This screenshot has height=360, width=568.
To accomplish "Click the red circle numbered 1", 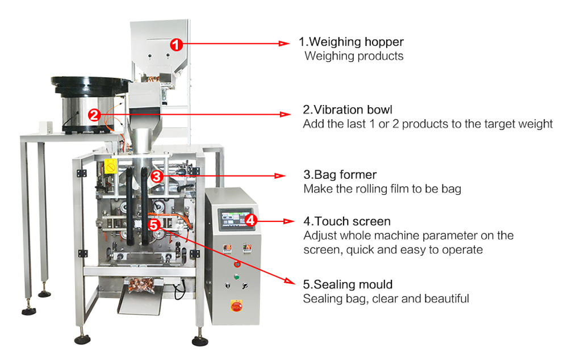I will (x=177, y=43).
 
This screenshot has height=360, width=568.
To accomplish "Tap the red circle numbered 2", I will (x=94, y=115).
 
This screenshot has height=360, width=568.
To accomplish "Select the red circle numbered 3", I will (x=158, y=177).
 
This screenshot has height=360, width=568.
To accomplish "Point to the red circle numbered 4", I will (x=252, y=219).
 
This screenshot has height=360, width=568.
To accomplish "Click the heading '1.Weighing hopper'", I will (x=352, y=42).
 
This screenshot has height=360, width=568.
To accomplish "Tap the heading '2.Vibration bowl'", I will (x=347, y=109).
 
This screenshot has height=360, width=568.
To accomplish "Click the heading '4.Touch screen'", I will (x=347, y=221).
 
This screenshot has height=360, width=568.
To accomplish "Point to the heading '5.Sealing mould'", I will (x=348, y=284).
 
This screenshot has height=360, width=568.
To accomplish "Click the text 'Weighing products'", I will (x=354, y=56).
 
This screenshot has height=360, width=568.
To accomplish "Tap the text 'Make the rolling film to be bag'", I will (x=382, y=189).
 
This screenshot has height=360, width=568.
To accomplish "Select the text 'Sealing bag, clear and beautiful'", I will (x=386, y=298).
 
